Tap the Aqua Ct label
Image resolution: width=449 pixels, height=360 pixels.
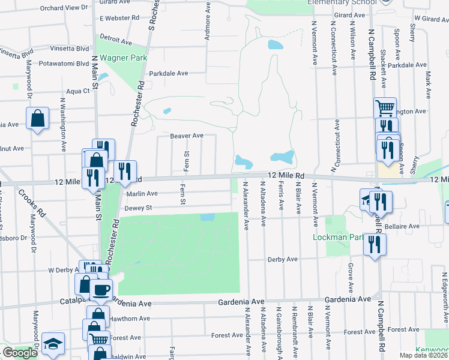click(78, 91)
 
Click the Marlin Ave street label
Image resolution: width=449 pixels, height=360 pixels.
click(142, 193)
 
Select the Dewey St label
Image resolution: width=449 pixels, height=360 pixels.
click(136, 208)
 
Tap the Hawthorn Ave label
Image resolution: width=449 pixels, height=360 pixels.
click(130, 319)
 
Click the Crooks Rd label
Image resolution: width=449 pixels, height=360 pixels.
click(31, 203)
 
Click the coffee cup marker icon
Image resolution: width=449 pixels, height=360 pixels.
click(100, 290)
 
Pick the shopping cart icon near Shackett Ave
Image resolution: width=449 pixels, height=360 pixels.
click(385, 108)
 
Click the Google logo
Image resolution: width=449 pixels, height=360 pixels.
click(20, 353)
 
